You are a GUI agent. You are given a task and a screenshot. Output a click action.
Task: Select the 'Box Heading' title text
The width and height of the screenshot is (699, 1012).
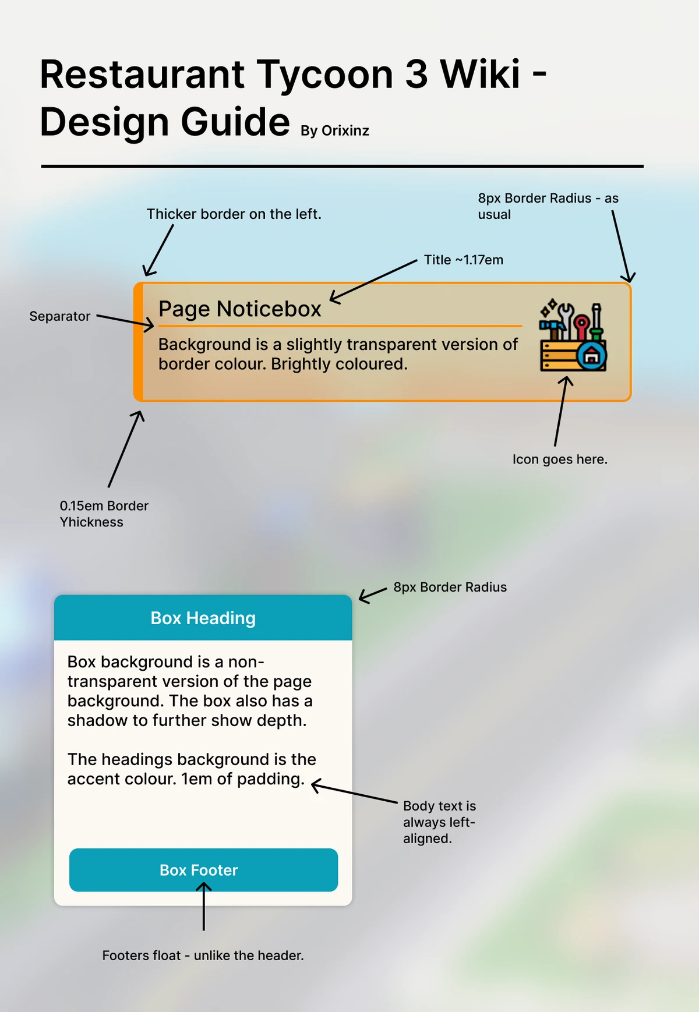click(203, 618)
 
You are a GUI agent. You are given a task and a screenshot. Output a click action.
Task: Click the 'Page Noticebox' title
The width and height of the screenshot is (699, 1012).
click(239, 309)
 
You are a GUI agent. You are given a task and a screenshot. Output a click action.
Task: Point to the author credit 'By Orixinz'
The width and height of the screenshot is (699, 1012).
click(334, 130)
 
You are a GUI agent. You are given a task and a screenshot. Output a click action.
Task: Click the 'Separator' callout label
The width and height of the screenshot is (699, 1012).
click(59, 316)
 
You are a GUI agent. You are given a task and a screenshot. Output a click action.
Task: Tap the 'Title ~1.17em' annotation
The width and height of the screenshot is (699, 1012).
click(463, 260)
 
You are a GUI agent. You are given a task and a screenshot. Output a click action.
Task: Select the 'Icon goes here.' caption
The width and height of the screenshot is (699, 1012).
click(559, 459)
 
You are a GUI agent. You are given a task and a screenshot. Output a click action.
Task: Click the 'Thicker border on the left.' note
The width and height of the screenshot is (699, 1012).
click(234, 214)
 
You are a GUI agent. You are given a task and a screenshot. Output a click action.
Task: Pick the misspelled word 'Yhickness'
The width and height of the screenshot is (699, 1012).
click(91, 522)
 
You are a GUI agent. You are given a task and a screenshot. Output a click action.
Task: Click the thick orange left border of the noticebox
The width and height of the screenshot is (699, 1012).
click(139, 342)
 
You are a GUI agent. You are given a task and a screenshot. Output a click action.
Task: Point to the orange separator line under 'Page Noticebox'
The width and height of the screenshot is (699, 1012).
click(340, 326)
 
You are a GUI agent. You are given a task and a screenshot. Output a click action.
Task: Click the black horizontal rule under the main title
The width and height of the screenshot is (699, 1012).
click(342, 167)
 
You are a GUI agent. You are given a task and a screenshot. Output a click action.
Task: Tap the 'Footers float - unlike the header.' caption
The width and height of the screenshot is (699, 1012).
click(203, 955)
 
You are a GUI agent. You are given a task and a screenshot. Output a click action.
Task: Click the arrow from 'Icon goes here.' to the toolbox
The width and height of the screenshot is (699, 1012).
click(561, 411)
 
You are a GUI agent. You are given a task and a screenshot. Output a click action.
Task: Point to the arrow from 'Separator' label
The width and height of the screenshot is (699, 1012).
click(125, 321)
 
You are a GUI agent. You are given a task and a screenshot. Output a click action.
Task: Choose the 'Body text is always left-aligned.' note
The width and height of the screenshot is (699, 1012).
click(439, 822)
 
